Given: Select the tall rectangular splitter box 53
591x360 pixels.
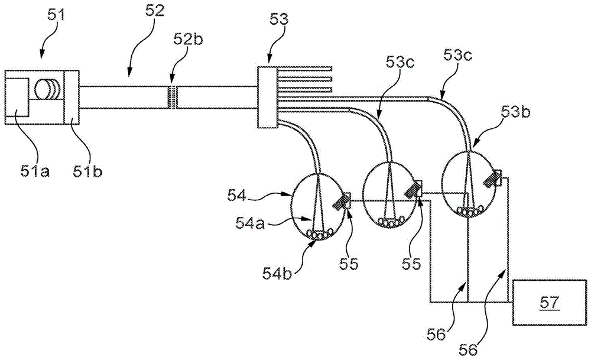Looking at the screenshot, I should point(268,97).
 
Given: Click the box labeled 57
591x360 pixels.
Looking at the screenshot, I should point(549,301).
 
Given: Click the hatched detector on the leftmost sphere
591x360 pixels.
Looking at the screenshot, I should point(340,202).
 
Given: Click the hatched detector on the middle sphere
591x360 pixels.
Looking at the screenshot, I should point(411,190).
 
